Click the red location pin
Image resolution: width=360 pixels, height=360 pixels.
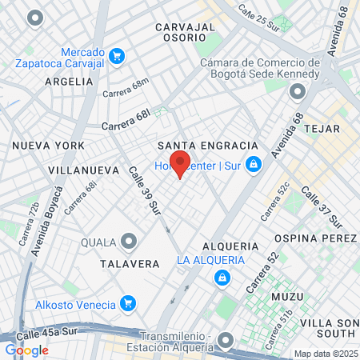pyautogui.click(x=179, y=163)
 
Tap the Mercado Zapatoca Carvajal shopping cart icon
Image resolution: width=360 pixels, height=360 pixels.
pyautogui.click(x=118, y=55)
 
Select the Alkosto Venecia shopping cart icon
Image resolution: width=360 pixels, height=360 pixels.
pyautogui.click(x=126, y=303)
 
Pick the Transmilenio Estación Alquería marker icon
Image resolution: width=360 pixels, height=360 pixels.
pyautogui.click(x=226, y=340)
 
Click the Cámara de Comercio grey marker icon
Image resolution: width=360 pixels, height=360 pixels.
pyautogui.click(x=298, y=93)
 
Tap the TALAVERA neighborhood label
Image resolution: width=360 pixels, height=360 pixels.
pyautogui.click(x=126, y=262)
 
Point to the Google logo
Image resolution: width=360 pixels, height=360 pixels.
pyautogui.click(x=27, y=350)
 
